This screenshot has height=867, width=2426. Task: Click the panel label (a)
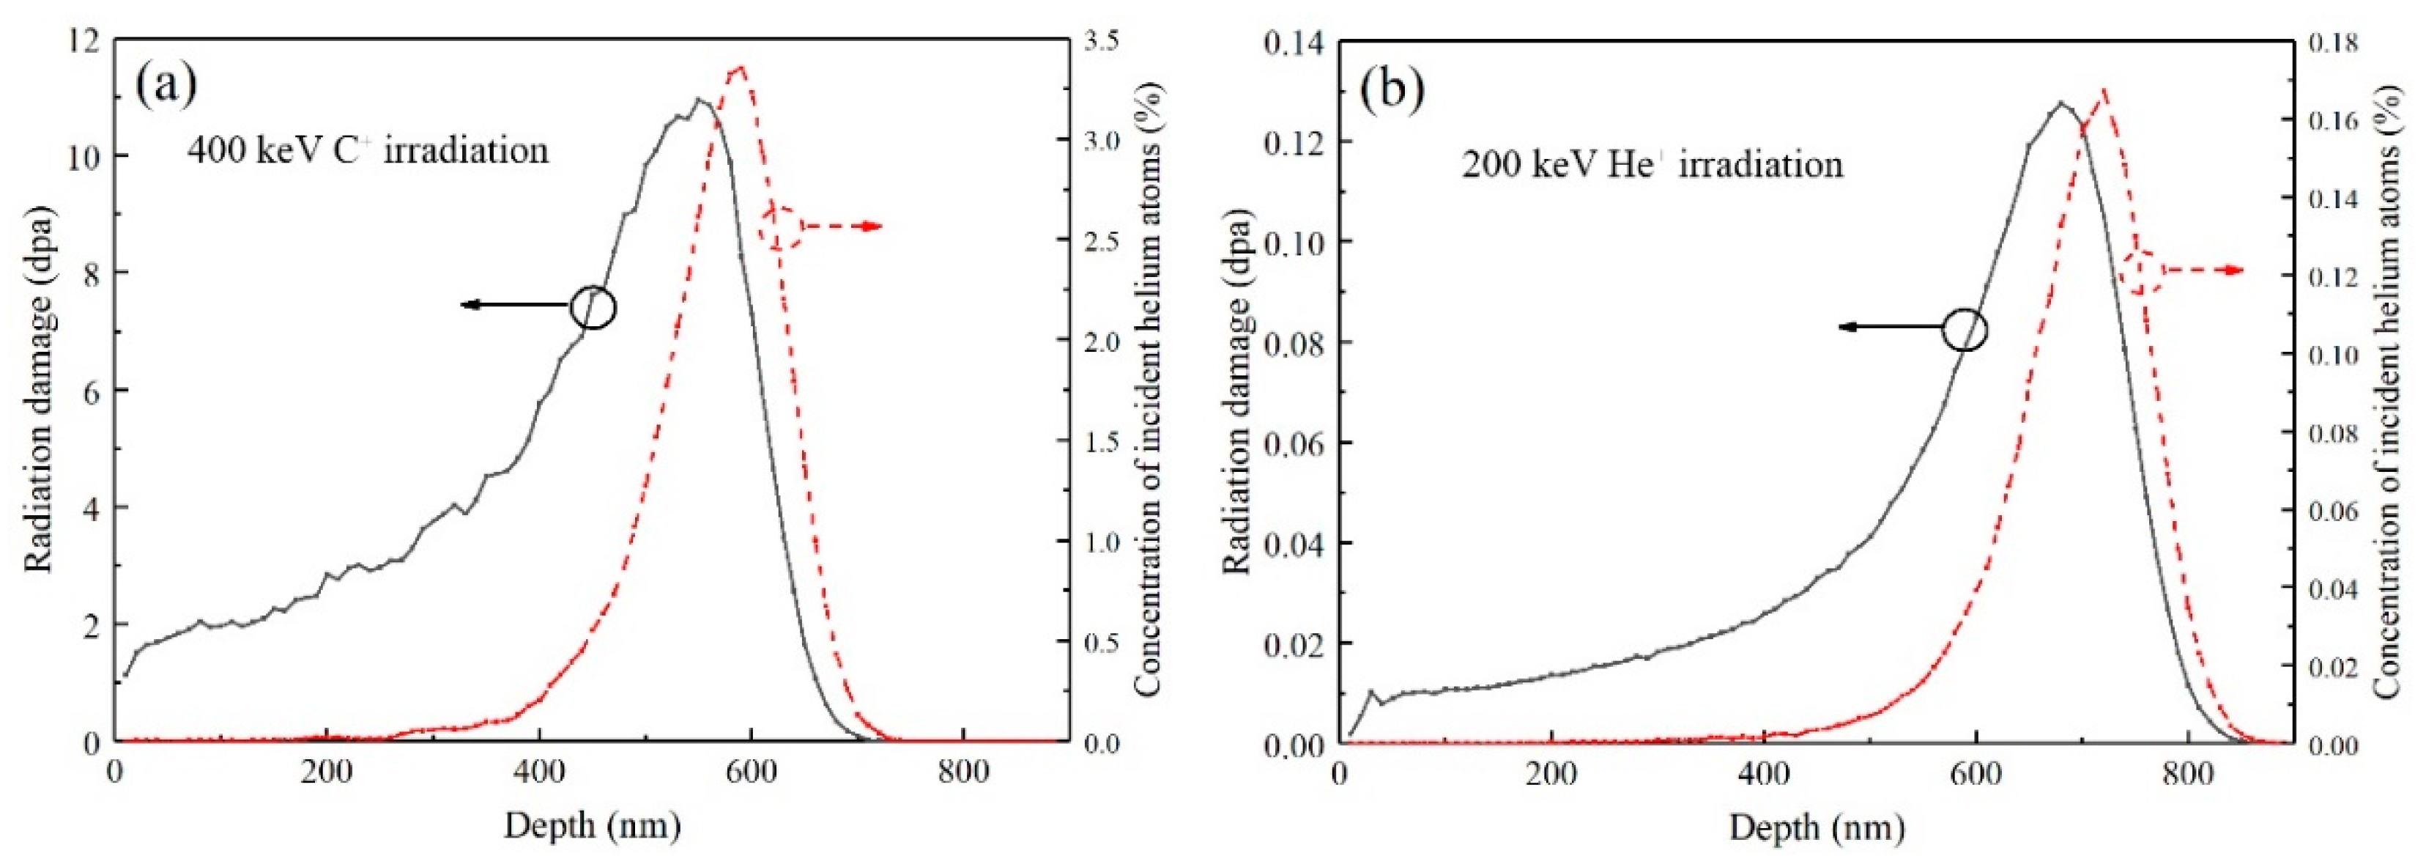(x=167, y=85)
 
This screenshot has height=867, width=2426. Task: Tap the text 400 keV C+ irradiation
(x=367, y=151)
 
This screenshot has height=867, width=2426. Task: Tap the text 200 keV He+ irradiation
(x=1652, y=165)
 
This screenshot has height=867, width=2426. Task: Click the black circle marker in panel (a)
(x=593, y=306)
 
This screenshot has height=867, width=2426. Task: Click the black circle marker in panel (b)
(x=1965, y=330)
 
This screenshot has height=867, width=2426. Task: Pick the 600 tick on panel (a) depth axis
(x=752, y=772)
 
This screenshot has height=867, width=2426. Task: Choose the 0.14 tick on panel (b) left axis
(x=1295, y=43)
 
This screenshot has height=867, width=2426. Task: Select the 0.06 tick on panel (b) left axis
(x=1295, y=442)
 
